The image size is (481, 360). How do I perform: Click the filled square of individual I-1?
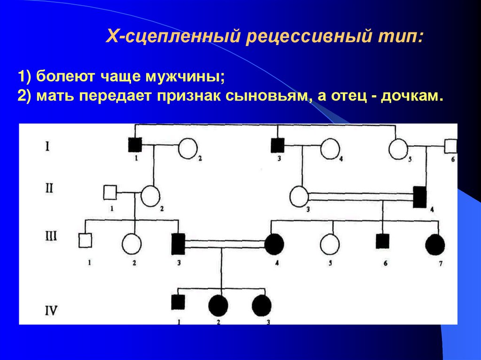135,145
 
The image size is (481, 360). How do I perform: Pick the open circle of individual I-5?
398,149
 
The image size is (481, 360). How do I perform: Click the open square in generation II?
110,192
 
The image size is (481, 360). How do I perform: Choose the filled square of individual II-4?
419,197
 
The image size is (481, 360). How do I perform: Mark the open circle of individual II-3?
299,196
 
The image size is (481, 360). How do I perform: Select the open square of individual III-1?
85,240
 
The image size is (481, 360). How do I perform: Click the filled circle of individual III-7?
435,244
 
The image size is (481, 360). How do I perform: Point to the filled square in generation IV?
178,301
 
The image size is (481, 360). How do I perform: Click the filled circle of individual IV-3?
262,306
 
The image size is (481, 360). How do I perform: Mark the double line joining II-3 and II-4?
360,197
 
